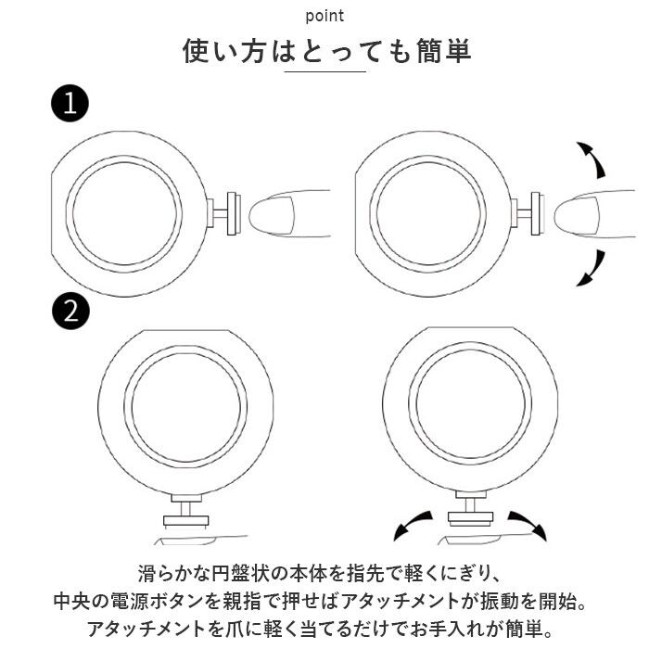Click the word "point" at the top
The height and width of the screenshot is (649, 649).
(324, 16)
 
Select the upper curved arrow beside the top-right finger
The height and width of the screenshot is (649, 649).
(591, 160)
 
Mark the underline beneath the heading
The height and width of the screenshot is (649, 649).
(324, 72)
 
